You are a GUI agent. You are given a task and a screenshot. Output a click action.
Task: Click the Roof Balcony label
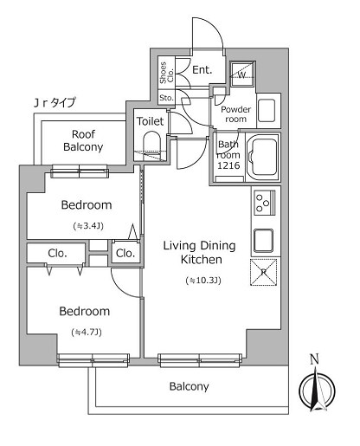(x=83, y=140)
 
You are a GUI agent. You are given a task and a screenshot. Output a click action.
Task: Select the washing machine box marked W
(x=241, y=74)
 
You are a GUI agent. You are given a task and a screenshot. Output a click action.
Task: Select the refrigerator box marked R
(x=263, y=272)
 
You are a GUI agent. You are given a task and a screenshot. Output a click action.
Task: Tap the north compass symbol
(x=315, y=391)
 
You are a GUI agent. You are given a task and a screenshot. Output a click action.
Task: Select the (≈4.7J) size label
(x=85, y=332)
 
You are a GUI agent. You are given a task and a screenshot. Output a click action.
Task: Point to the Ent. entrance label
(x=202, y=70)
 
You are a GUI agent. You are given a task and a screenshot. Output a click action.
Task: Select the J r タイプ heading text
(x=55, y=103)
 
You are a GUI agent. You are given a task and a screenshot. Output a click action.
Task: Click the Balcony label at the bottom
(x=189, y=386)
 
